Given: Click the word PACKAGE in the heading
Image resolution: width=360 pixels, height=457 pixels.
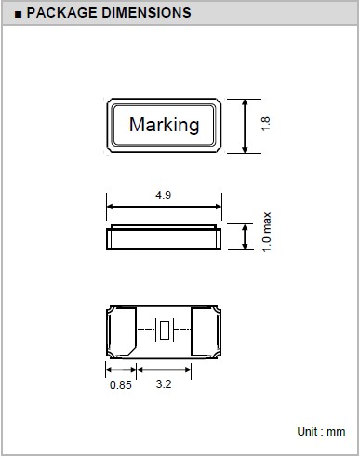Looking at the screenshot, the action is click(61, 13).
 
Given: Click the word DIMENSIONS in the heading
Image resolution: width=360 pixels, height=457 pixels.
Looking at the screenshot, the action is click(146, 13).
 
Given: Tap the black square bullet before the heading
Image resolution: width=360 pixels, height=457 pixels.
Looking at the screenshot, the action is click(19, 14).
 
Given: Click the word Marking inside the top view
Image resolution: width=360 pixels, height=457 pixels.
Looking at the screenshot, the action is click(164, 125).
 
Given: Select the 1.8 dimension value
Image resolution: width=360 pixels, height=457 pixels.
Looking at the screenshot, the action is click(266, 124).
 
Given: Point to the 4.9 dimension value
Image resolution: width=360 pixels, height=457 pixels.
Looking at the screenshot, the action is click(163, 195).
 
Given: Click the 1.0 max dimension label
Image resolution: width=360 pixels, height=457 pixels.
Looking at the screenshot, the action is click(267, 232).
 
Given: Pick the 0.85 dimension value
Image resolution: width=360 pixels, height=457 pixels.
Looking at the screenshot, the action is click(121, 385).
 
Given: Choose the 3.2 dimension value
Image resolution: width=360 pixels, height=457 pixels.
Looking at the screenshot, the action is click(164, 384).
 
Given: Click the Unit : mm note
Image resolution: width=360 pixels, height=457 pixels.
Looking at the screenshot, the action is click(321, 432).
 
